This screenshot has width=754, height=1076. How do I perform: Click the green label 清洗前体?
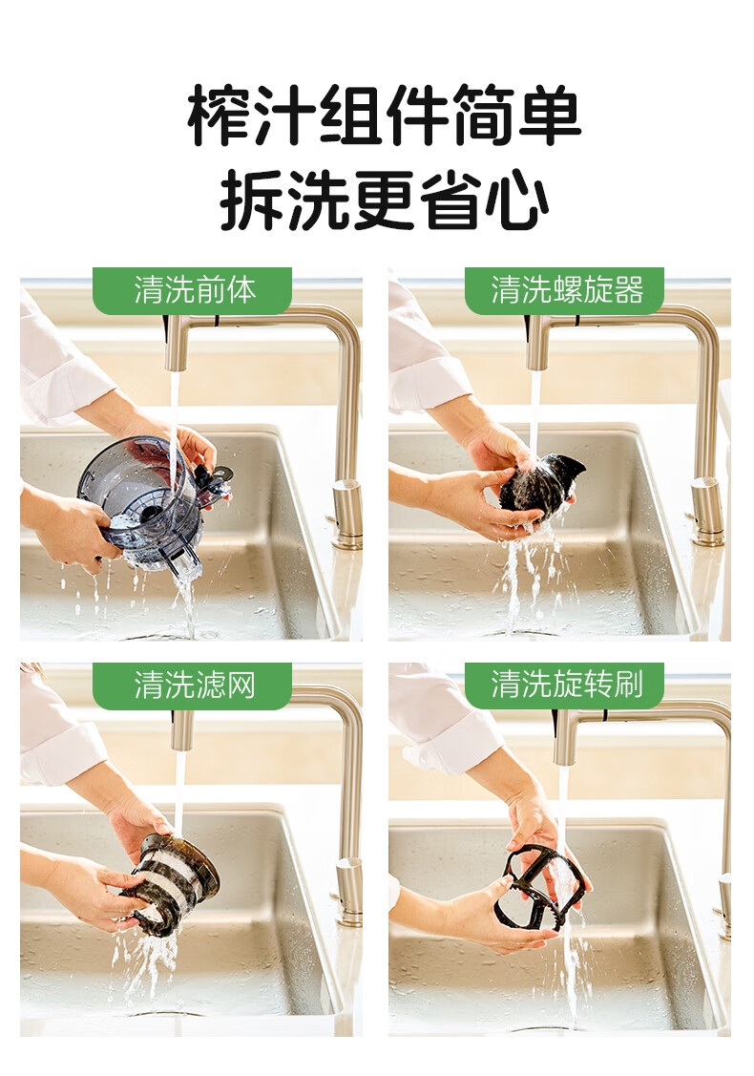(193, 290)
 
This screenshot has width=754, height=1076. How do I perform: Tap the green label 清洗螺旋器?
(565, 290)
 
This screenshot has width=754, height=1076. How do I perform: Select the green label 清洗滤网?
(193, 686)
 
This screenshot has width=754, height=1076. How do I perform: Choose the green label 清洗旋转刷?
(565, 686)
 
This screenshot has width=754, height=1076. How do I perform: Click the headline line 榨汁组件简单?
(385, 115)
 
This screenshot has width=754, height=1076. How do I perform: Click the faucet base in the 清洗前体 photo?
(347, 515)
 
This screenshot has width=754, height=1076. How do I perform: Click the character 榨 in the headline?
(220, 116)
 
